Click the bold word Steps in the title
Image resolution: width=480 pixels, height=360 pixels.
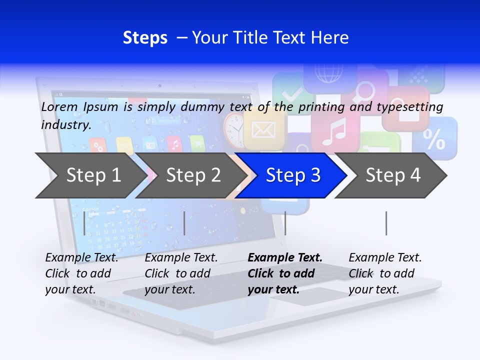[x=145, y=38]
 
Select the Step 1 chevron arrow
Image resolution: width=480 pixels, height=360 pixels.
[x=90, y=175]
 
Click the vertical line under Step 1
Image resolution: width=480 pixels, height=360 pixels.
[x=84, y=223]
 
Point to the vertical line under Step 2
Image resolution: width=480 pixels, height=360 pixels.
[x=184, y=223]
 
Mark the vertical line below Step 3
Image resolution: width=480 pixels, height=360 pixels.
[x=285, y=223]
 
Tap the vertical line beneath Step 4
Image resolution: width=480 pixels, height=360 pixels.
[x=386, y=223]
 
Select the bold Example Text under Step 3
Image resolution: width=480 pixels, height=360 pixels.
[x=285, y=273]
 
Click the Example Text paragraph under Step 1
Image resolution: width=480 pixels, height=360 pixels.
[x=81, y=273]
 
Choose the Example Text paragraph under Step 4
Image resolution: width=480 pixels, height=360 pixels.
[x=385, y=273]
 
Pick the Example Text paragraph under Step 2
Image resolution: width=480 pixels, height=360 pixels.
[x=181, y=273]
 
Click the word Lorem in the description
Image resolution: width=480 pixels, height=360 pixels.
[x=60, y=107]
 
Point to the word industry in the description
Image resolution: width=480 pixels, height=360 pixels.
[x=66, y=124]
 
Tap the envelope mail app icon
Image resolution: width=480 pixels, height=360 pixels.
[x=263, y=129]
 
